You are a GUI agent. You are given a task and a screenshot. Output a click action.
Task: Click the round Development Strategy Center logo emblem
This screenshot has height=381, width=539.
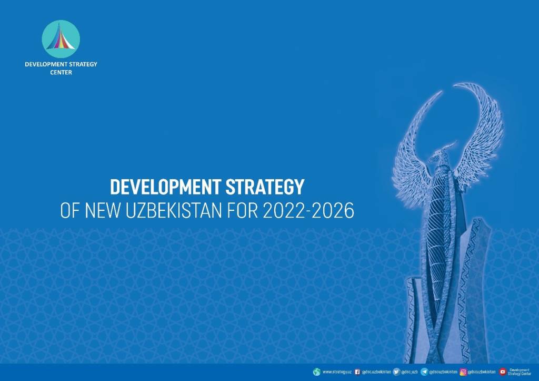(x=61, y=39)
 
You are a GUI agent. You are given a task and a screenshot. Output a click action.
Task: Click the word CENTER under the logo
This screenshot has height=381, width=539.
(x=61, y=72)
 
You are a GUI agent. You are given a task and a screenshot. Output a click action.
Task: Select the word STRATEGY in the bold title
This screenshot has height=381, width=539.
(x=265, y=187)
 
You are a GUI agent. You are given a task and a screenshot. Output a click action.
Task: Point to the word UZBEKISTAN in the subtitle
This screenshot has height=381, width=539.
(x=174, y=210)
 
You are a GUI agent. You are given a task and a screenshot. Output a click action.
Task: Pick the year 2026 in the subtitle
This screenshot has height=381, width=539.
(x=333, y=210)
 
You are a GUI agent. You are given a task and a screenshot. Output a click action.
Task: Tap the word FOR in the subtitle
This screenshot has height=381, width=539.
(x=242, y=210)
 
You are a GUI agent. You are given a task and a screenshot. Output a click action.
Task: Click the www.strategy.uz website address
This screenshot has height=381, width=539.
(x=337, y=372)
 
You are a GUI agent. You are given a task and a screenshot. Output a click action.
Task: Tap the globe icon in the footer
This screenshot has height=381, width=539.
(x=316, y=372)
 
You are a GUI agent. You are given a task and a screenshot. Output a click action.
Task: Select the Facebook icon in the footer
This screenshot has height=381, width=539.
(x=357, y=372)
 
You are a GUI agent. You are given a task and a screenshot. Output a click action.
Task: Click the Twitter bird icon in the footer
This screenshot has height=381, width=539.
(x=397, y=372)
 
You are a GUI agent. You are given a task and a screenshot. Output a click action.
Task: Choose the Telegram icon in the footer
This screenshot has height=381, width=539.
(x=425, y=372)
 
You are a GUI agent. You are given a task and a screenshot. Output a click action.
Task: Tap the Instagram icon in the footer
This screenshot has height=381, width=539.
(x=463, y=372)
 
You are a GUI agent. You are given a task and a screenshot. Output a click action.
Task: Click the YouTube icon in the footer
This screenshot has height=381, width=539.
(x=503, y=372)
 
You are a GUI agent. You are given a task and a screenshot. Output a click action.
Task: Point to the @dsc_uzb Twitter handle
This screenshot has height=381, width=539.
(x=410, y=372)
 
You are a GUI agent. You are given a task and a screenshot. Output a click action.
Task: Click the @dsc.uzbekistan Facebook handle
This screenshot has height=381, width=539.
(x=376, y=372)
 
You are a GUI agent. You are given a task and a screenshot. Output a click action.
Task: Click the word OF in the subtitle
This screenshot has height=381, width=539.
(x=70, y=210)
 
